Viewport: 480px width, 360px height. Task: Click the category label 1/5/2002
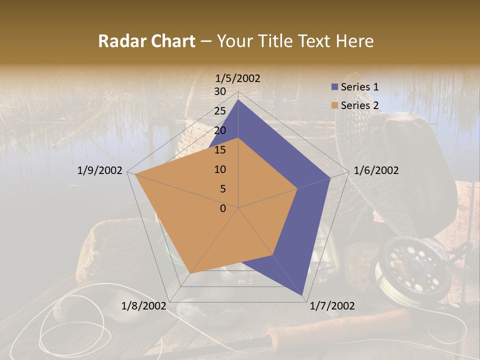[238, 78]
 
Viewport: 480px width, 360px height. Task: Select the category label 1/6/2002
[376, 170]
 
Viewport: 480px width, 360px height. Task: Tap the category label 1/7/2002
[332, 306]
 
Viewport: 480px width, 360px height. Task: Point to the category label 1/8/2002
[144, 306]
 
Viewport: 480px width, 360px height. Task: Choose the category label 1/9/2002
[100, 170]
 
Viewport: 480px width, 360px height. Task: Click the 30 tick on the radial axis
[220, 91]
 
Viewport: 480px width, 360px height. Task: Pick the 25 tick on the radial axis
[220, 111]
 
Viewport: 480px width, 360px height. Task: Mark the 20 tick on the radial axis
[220, 130]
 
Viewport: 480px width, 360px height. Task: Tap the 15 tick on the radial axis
[220, 150]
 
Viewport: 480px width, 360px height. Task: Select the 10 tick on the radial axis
[220, 169]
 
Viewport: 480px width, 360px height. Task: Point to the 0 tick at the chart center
[223, 208]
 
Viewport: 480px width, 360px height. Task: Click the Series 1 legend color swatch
[334, 87]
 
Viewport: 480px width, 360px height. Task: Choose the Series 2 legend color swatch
[334, 105]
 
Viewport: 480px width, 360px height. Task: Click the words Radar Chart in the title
[146, 41]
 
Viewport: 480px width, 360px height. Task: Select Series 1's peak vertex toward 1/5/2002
[238, 100]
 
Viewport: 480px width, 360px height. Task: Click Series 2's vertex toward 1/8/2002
[190, 273]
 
